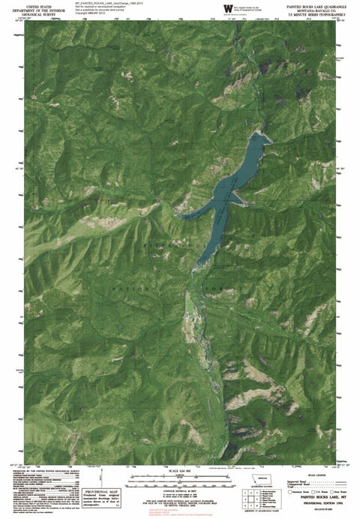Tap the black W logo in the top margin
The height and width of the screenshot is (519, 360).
point(226,7)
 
